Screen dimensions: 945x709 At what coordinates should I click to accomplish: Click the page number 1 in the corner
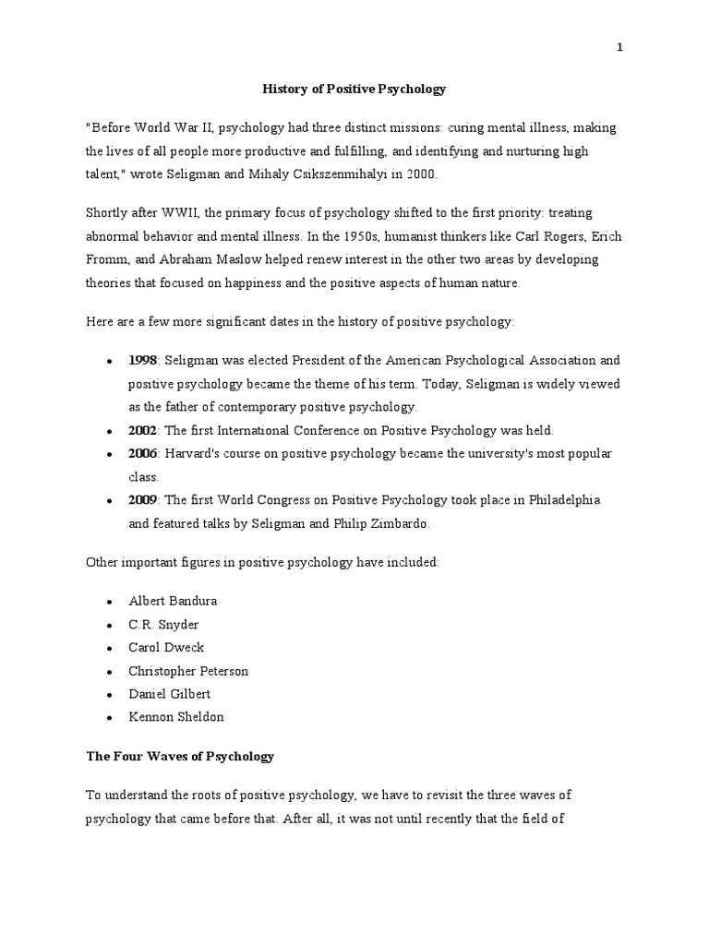620,49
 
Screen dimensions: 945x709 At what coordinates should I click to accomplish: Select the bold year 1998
143,360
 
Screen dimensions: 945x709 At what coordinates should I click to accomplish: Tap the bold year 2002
143,430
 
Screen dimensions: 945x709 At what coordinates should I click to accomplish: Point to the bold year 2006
143,454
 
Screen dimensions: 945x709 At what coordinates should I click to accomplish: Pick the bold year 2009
143,500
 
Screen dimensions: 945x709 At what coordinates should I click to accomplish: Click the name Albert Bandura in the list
173,601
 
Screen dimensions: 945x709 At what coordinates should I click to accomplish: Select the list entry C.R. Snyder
163,624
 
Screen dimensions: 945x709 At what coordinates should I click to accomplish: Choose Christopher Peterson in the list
188,671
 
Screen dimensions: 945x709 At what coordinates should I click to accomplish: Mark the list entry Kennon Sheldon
175,717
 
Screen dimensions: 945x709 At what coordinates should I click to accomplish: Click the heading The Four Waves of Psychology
180,757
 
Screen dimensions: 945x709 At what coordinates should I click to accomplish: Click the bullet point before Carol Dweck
110,648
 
